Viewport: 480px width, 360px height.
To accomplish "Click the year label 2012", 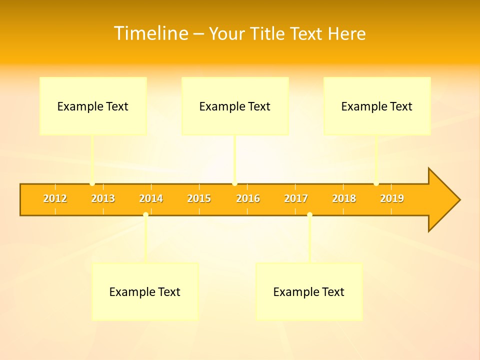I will click(x=55, y=199).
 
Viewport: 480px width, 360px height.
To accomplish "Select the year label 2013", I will click(x=103, y=199).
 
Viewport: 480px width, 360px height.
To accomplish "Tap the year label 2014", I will click(x=151, y=199).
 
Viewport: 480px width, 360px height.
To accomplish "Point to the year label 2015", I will click(x=199, y=199).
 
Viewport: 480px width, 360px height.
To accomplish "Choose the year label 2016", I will click(x=248, y=199).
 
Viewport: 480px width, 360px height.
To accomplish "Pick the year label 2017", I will click(x=296, y=199).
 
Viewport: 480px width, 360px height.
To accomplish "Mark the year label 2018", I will click(x=344, y=199).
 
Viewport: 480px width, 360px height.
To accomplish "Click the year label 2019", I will click(x=392, y=199).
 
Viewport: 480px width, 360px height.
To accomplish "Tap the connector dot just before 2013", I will click(x=92, y=183).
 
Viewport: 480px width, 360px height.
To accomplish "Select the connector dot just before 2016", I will click(x=235, y=183).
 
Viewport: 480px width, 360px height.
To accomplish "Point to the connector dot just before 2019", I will click(x=376, y=183).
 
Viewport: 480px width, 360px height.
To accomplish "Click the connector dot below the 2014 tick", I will click(x=145, y=215).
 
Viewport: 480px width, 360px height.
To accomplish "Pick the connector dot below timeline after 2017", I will click(x=309, y=215).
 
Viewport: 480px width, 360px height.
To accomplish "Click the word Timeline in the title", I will click(x=150, y=33).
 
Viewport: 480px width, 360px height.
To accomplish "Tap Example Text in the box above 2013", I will click(x=92, y=106).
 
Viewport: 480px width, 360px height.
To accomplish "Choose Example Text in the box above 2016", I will click(x=234, y=106).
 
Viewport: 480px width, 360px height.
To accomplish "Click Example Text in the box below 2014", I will click(x=144, y=292).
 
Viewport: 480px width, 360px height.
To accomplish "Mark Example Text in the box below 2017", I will click(x=308, y=292).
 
